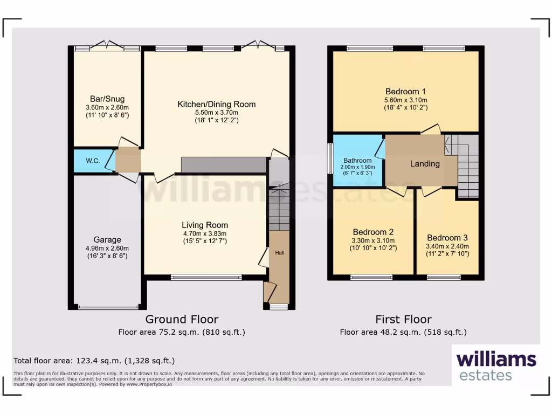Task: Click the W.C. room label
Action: [85, 161]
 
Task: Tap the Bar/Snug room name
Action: [107, 99]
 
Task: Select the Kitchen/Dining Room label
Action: [217, 104]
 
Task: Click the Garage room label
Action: [107, 240]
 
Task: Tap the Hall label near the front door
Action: [280, 252]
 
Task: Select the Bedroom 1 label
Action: [405, 91]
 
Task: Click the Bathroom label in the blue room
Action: [357, 161]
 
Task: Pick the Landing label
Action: [425, 163]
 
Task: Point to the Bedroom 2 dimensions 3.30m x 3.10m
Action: [373, 240]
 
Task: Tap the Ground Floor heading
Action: [182, 319]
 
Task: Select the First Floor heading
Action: [403, 319]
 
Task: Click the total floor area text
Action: [94, 361]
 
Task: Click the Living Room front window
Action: [206, 278]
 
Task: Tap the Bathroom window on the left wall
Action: [330, 158]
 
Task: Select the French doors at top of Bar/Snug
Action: [107, 47]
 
